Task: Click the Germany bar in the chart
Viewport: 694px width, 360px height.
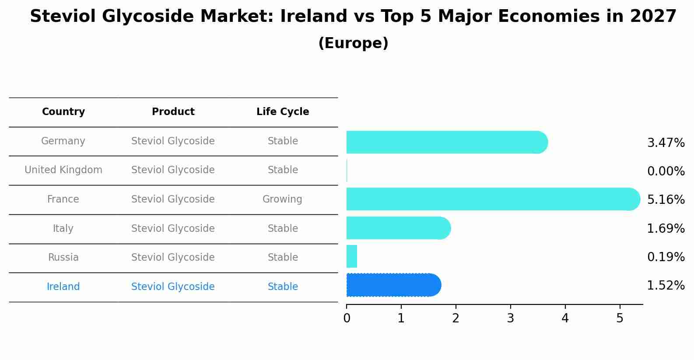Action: click(446, 142)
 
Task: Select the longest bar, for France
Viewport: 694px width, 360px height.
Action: click(492, 199)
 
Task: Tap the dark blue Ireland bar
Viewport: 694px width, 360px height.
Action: click(393, 285)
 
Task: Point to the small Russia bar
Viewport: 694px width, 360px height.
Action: click(352, 256)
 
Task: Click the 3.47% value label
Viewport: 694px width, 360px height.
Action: click(666, 143)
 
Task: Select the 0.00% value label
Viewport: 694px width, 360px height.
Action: click(666, 171)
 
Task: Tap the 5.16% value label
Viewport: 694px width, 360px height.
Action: click(666, 200)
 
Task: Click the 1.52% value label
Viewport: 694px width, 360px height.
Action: click(666, 286)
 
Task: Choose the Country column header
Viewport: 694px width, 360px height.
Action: click(63, 112)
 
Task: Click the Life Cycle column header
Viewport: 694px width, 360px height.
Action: click(283, 112)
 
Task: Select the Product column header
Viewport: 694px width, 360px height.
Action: click(173, 112)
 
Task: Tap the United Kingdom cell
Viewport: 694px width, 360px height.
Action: click(63, 170)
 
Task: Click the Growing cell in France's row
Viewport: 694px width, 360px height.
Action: click(282, 199)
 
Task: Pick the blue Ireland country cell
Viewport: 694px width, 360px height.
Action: click(63, 287)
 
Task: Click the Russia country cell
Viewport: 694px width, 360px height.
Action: click(63, 258)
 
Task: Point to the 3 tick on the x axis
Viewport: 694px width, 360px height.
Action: click(510, 318)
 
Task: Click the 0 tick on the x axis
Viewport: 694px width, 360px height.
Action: click(347, 318)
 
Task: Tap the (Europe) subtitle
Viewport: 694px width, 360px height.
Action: click(353, 43)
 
